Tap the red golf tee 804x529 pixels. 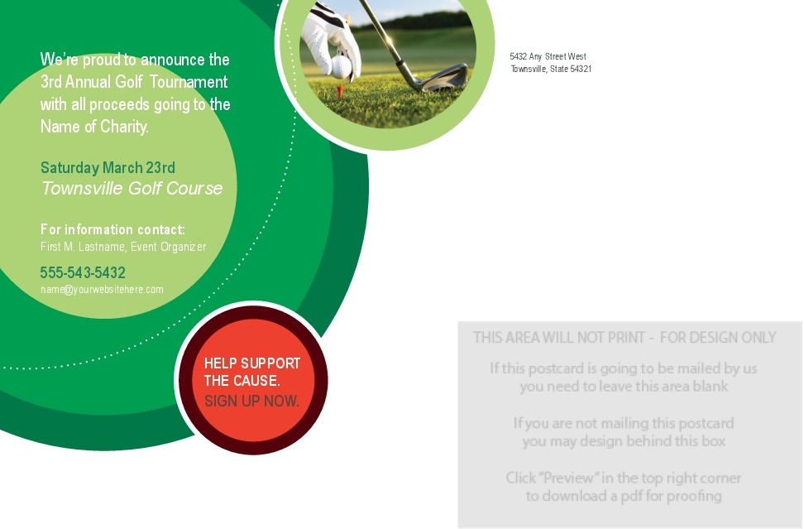(339, 92)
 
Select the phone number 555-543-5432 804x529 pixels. (83, 272)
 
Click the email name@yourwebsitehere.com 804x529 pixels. (102, 290)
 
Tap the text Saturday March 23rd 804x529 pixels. (108, 168)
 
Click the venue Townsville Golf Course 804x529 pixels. (132, 188)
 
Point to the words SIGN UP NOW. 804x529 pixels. (251, 401)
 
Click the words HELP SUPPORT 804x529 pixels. (251, 363)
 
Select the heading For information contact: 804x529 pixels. (112, 229)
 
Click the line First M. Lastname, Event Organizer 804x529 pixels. (123, 247)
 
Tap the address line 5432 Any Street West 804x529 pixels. (548, 56)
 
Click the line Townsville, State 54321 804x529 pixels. (551, 69)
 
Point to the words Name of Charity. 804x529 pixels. (94, 126)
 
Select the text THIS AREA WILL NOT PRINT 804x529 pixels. (558, 338)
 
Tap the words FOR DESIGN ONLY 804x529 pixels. (718, 338)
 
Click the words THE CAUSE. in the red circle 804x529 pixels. (242, 381)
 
